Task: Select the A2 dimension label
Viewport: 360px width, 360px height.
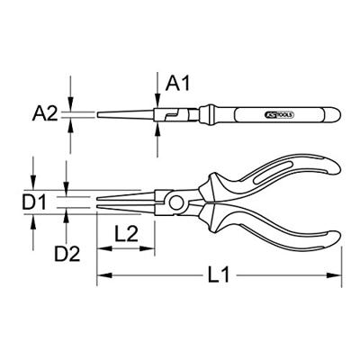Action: (x=46, y=113)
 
